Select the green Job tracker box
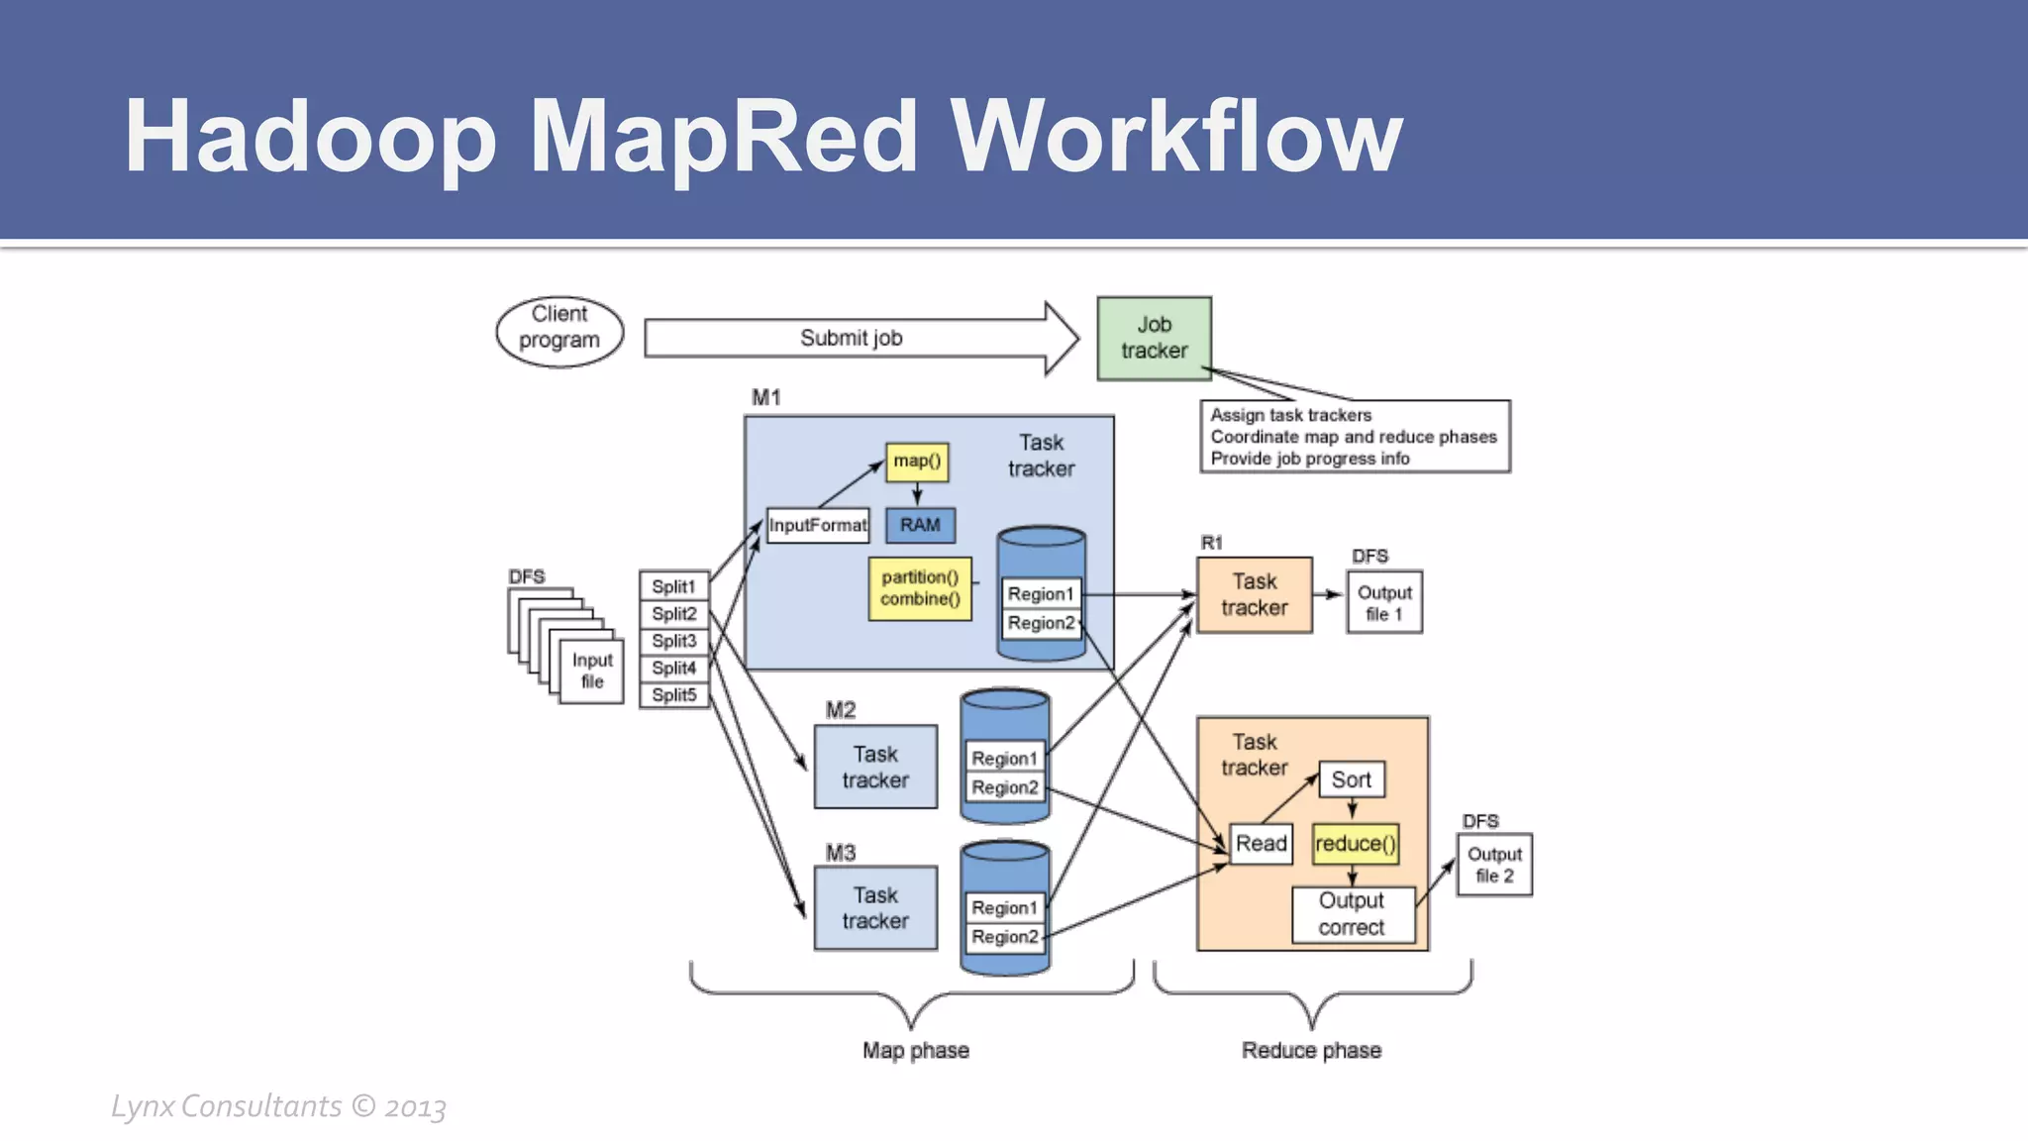pyautogui.click(x=1154, y=338)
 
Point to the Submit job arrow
pyautogui.click(x=852, y=338)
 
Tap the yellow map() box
pyautogui.click(x=917, y=462)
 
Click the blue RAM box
pyautogui.click(x=920, y=525)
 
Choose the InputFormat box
pyautogui.click(x=818, y=525)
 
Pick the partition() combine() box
pyautogui.click(x=920, y=588)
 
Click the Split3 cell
pyautogui.click(x=673, y=641)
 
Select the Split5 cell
pyautogui.click(x=673, y=695)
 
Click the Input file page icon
pyautogui.click(x=592, y=672)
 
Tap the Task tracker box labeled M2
pyautogui.click(x=875, y=767)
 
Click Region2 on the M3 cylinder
pyautogui.click(x=1005, y=937)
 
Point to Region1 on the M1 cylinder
pyautogui.click(x=1041, y=594)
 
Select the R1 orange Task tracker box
pyautogui.click(x=1254, y=594)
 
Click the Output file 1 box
pyautogui.click(x=1384, y=602)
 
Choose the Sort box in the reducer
pyautogui.click(x=1351, y=779)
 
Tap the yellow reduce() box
pyautogui.click(x=1355, y=844)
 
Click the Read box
pyautogui.click(x=1261, y=844)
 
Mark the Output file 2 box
pyautogui.click(x=1494, y=865)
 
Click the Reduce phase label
pyautogui.click(x=1311, y=1051)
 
